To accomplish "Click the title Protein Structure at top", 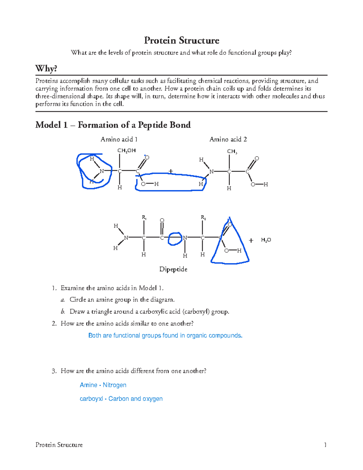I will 181,40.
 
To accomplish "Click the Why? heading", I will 46,68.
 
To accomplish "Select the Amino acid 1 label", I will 119,139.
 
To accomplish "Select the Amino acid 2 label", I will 228,139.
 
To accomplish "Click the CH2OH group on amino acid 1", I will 126,150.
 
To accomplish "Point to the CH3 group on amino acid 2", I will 232,151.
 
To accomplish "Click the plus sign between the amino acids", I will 171,171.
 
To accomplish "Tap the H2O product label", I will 266,240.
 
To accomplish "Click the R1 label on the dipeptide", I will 144,217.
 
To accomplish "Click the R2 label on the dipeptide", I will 203,217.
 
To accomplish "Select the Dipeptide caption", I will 173,269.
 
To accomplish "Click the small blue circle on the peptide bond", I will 175,238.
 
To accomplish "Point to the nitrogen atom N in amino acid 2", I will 211,172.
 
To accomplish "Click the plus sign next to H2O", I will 251,241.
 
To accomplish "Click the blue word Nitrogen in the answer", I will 114,385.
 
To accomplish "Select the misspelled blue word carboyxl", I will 91,399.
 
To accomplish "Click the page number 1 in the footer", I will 325,445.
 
